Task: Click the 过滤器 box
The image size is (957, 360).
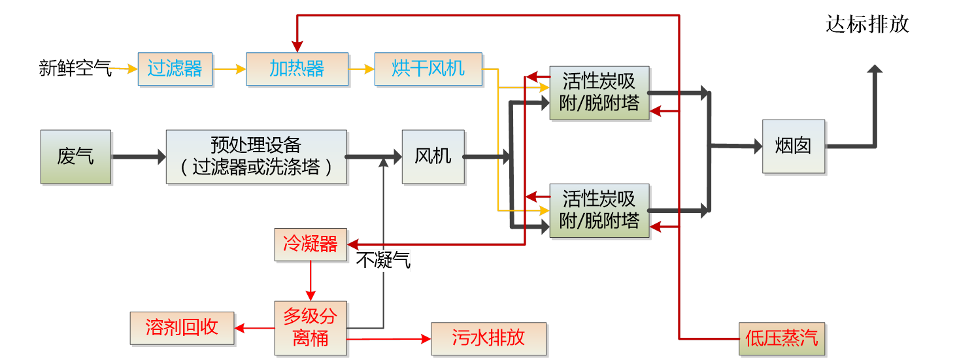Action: (175, 69)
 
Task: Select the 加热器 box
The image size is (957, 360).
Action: (297, 69)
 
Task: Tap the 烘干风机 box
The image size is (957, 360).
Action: (428, 69)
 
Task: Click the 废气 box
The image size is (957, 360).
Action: (75, 157)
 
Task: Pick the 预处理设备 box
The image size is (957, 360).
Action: (256, 157)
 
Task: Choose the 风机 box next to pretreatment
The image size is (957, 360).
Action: (433, 157)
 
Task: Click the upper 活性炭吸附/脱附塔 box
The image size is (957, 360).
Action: (599, 93)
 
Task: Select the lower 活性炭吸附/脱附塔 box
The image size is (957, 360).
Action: (599, 210)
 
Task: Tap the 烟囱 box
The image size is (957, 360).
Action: (793, 146)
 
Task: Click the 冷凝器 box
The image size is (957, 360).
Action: (311, 245)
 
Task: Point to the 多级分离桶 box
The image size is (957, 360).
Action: (311, 328)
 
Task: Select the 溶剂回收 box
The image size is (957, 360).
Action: (182, 328)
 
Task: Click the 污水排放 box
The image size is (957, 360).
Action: (488, 338)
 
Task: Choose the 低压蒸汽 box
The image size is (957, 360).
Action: (782, 338)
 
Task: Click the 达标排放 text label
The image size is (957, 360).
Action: (867, 25)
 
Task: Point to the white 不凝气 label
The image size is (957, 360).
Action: (384, 262)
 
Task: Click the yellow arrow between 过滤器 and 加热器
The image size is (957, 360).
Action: (229, 68)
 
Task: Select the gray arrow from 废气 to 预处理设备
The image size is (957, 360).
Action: (138, 157)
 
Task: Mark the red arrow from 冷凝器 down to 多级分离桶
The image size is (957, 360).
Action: (311, 281)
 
